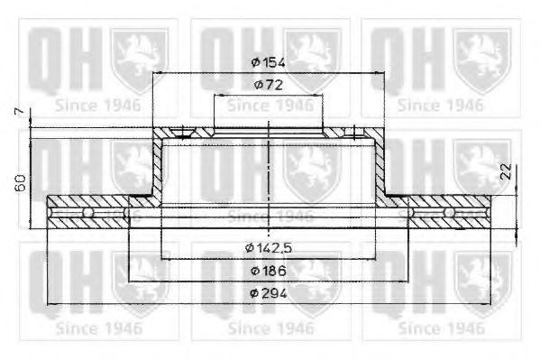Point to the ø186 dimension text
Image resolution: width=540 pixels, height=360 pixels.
(x=270, y=270)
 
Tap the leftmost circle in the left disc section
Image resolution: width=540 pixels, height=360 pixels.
(x=88, y=213)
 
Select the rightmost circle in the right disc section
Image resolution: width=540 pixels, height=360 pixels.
(x=448, y=213)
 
